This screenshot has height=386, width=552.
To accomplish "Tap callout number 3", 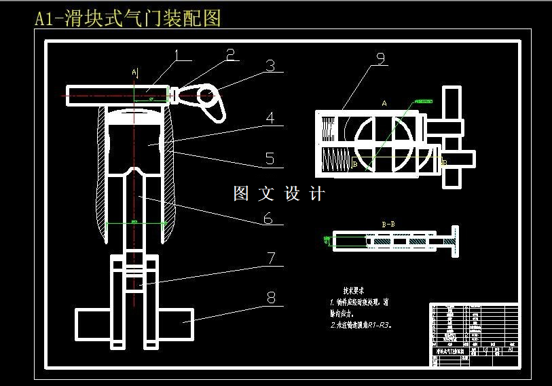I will [x=270, y=66].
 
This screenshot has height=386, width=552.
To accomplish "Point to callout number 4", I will [x=270, y=118].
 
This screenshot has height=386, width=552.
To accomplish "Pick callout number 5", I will [x=270, y=159].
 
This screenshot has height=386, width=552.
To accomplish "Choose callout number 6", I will [x=268, y=218].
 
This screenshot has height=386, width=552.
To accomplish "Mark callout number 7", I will [x=270, y=258].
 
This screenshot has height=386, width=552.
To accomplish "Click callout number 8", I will [x=271, y=297].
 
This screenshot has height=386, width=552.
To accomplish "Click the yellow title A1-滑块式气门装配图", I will [x=128, y=18].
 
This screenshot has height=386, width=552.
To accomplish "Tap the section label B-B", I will [x=389, y=223].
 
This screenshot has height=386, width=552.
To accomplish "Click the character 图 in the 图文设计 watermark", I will [x=242, y=194].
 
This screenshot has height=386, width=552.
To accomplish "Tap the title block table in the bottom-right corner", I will [x=474, y=335].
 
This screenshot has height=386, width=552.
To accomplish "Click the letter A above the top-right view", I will [x=384, y=104].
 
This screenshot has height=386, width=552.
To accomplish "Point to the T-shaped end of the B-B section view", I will [x=449, y=242].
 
